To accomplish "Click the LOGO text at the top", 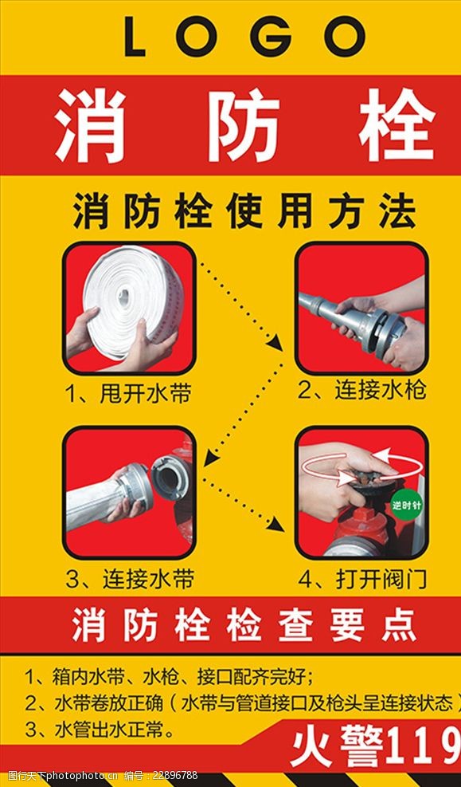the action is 244,36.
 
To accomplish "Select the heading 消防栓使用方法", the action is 244,211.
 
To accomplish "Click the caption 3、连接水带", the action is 130,580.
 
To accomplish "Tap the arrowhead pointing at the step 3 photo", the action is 211,457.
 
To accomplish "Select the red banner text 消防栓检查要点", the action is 244,625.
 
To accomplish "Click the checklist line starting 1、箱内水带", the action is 170,678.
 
